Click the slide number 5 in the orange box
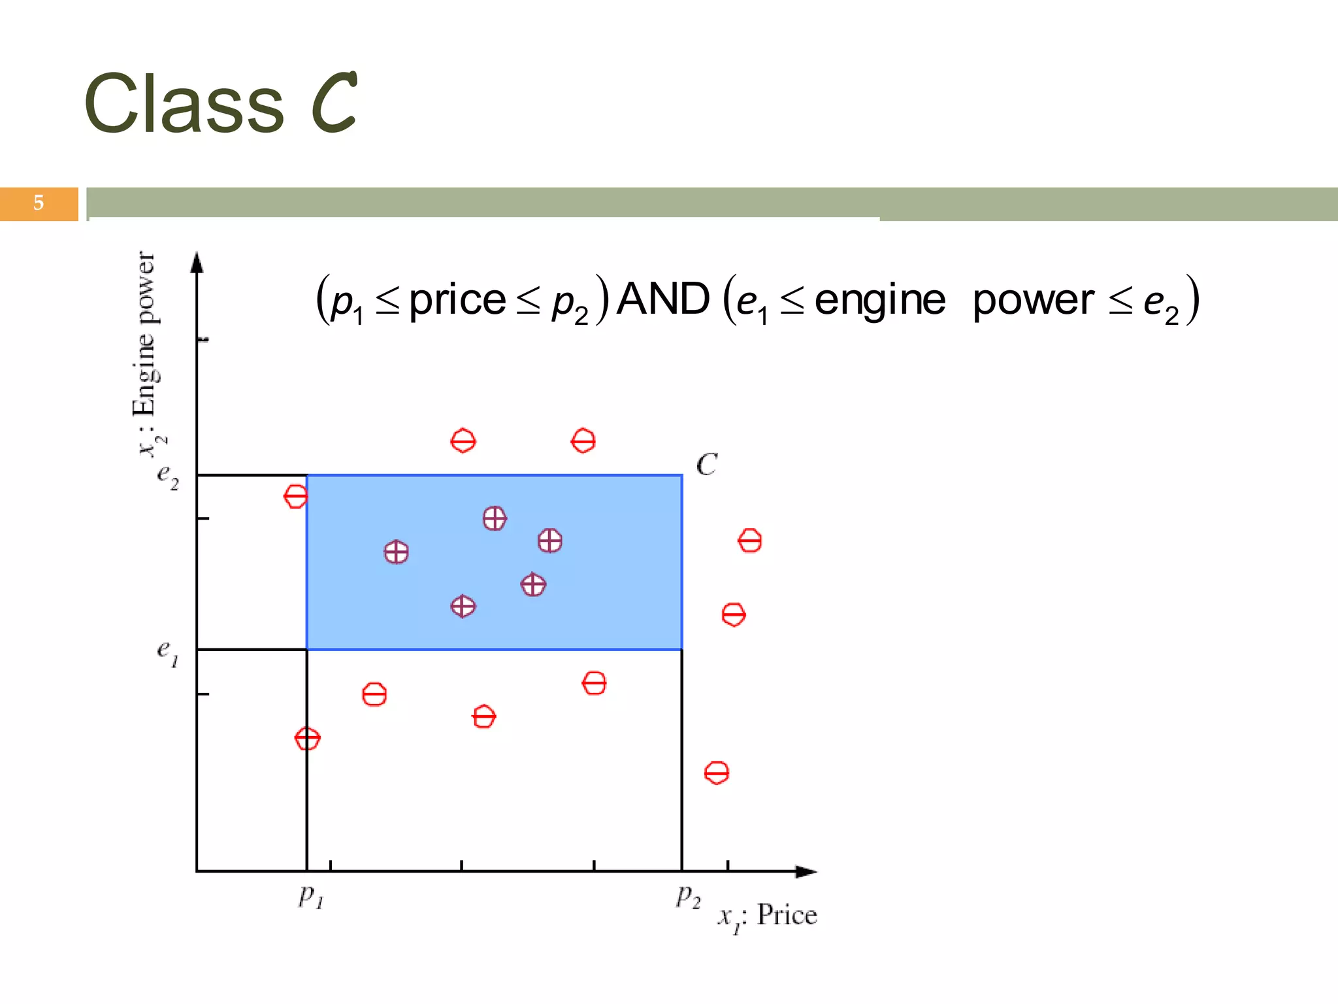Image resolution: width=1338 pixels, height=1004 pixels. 39,203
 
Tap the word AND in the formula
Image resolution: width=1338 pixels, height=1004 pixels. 662,299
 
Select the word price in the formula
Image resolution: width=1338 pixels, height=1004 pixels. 457,301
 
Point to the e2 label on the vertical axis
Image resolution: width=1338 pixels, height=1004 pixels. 167,477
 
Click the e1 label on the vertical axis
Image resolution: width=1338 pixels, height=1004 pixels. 167,652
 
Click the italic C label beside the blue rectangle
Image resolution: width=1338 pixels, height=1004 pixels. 706,465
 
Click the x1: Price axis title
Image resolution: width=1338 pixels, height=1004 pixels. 768,916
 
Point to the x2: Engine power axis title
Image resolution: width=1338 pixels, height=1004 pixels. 146,353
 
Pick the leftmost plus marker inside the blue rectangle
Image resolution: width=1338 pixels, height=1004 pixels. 397,552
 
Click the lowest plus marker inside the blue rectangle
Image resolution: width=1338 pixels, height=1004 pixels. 463,607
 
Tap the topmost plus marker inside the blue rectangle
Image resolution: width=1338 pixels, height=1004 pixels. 495,518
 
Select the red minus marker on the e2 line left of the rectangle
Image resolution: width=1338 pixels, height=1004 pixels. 295,497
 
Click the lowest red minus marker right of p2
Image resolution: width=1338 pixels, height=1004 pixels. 717,773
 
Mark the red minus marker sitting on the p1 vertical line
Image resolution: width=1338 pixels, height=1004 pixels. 307,739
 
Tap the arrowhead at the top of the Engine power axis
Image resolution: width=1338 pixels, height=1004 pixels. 197,262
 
